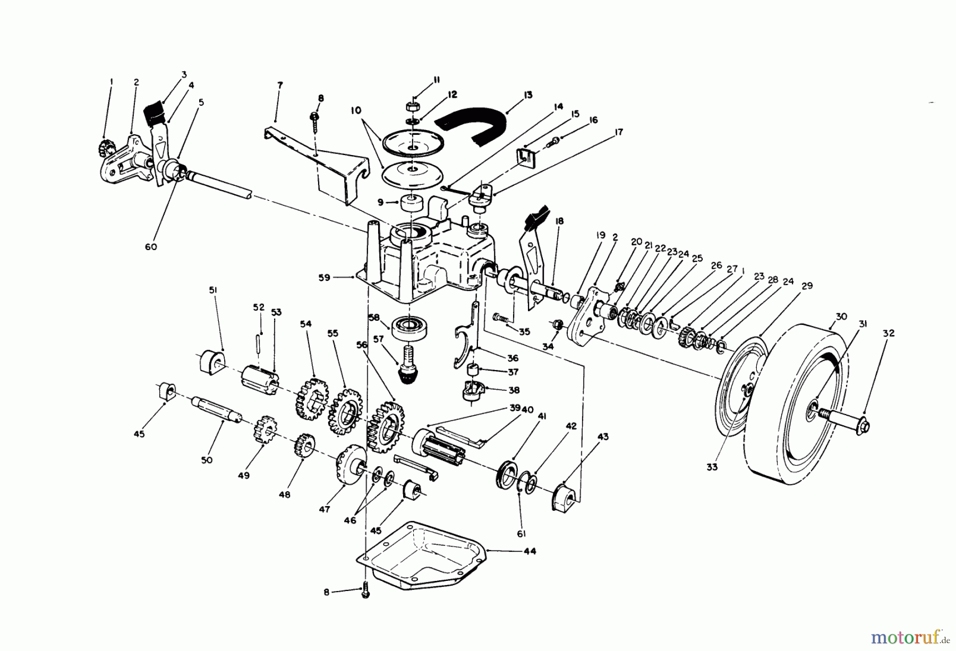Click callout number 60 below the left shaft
pyautogui.click(x=151, y=247)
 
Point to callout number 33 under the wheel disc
pyautogui.click(x=712, y=467)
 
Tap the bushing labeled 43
pyautogui.click(x=564, y=498)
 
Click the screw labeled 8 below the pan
pyautogui.click(x=365, y=591)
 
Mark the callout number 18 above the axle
pyautogui.click(x=559, y=221)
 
